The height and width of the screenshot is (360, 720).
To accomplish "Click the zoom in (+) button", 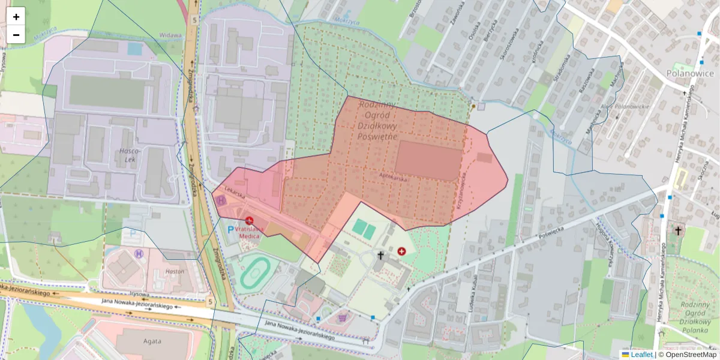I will pyautogui.click(x=16, y=17).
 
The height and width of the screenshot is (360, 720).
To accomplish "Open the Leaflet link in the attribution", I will pyautogui.click(x=641, y=355).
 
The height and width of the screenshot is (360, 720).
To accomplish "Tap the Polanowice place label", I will pyautogui.click(x=690, y=73).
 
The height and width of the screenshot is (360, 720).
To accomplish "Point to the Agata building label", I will pyautogui.click(x=152, y=342).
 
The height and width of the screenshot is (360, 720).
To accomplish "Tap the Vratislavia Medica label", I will pyautogui.click(x=246, y=232).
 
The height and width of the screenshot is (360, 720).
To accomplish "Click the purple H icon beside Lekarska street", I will pyautogui.click(x=222, y=200).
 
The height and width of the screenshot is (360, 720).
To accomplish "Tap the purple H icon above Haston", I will pyautogui.click(x=140, y=254).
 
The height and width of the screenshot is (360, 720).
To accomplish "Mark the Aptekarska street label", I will pyautogui.click(x=394, y=178).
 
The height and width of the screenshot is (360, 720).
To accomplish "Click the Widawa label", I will pyautogui.click(x=171, y=35).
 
